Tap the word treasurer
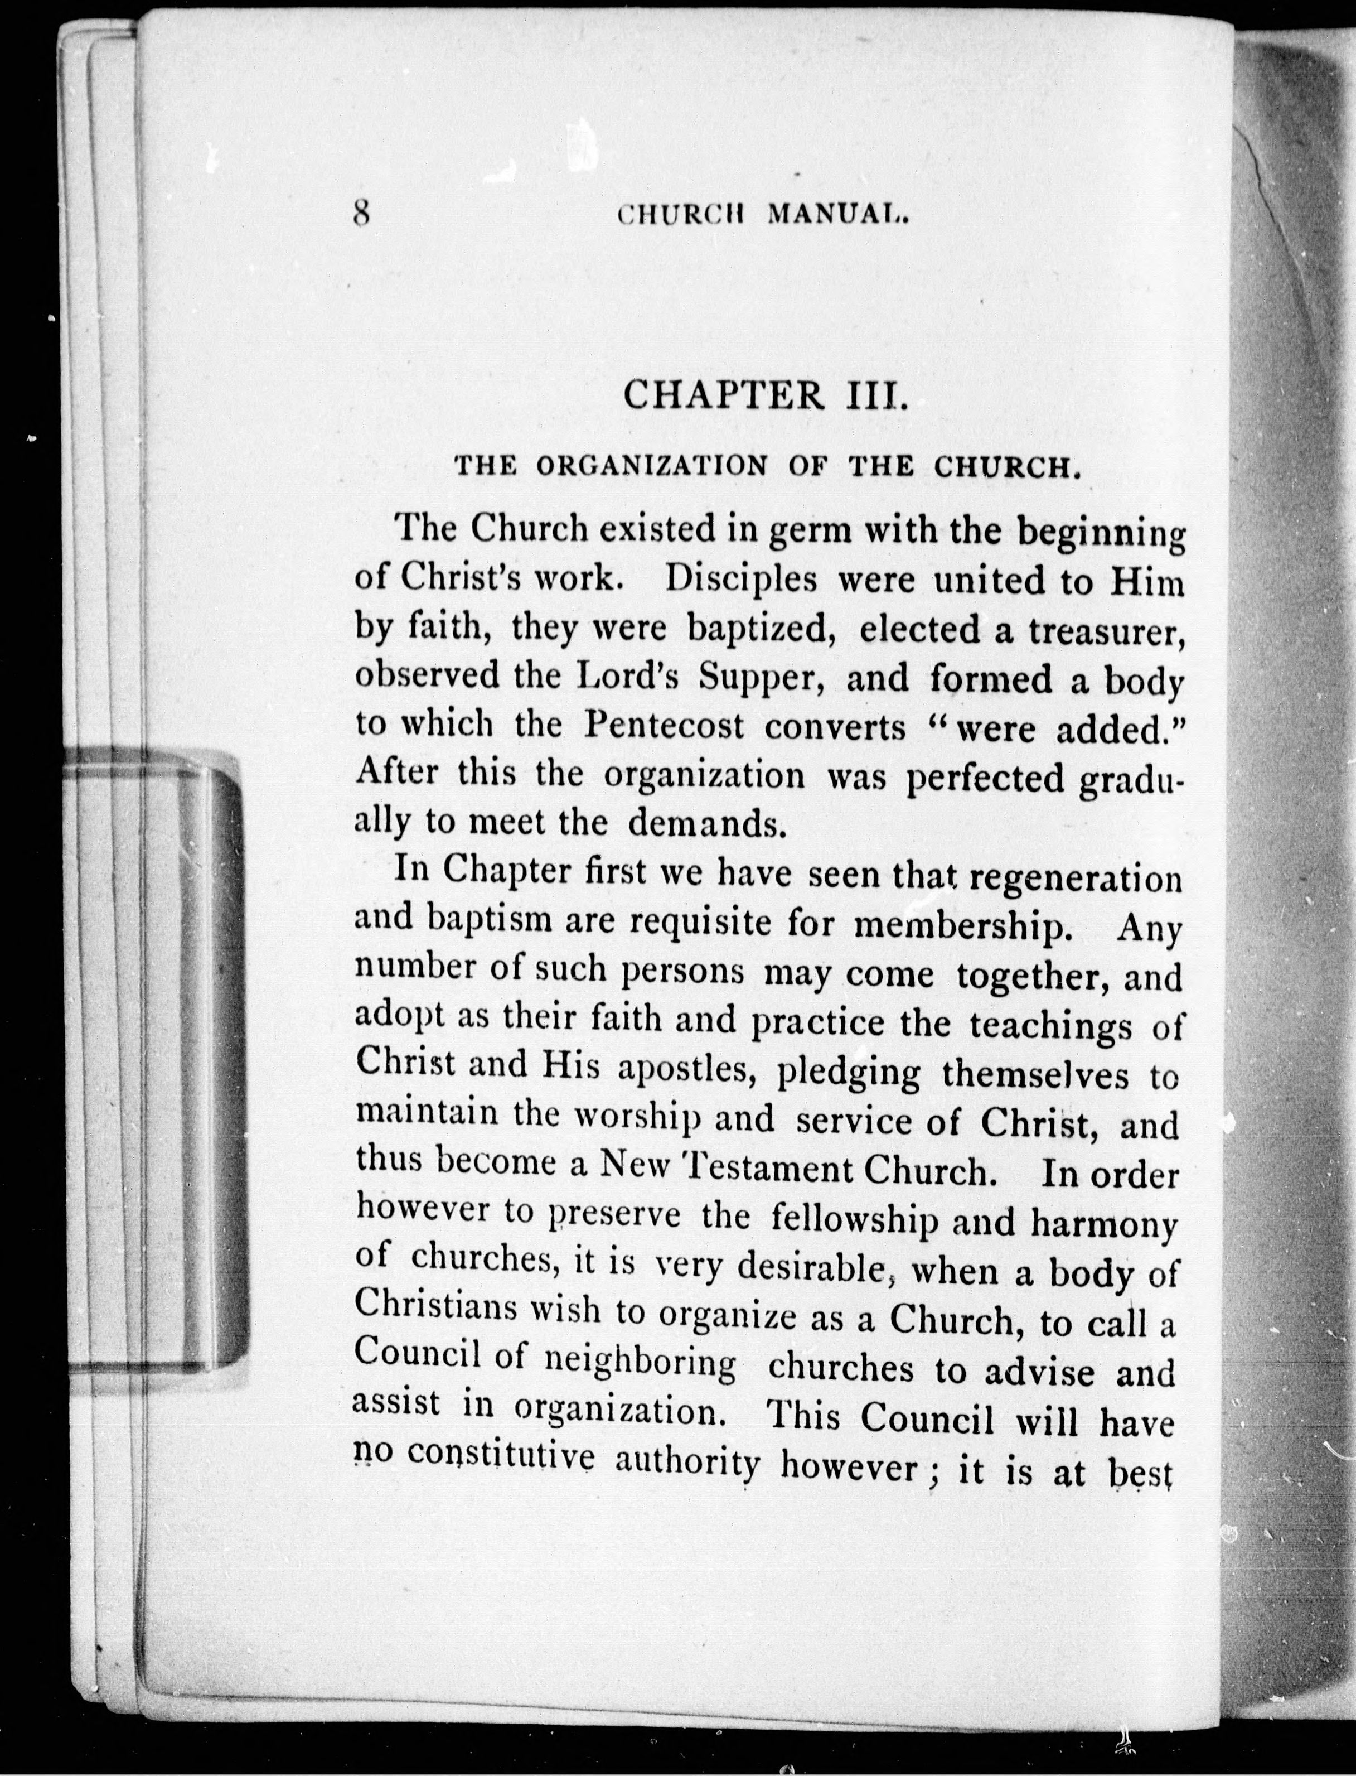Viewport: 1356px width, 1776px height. pyautogui.click(x=1105, y=630)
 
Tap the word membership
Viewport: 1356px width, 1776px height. pyautogui.click(x=962, y=926)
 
